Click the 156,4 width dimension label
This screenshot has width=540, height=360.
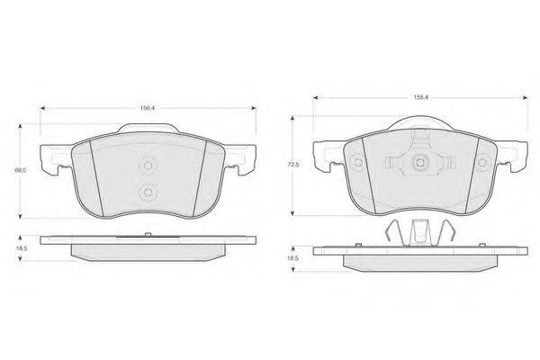[148, 108]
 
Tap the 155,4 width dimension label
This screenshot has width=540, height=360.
[420, 97]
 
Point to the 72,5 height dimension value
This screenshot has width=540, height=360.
[293, 165]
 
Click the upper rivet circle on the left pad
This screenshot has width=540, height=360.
[148, 166]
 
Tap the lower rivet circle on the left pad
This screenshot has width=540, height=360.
[148, 193]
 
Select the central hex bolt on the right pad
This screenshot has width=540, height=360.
[420, 163]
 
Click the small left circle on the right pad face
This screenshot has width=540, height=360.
[358, 163]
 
